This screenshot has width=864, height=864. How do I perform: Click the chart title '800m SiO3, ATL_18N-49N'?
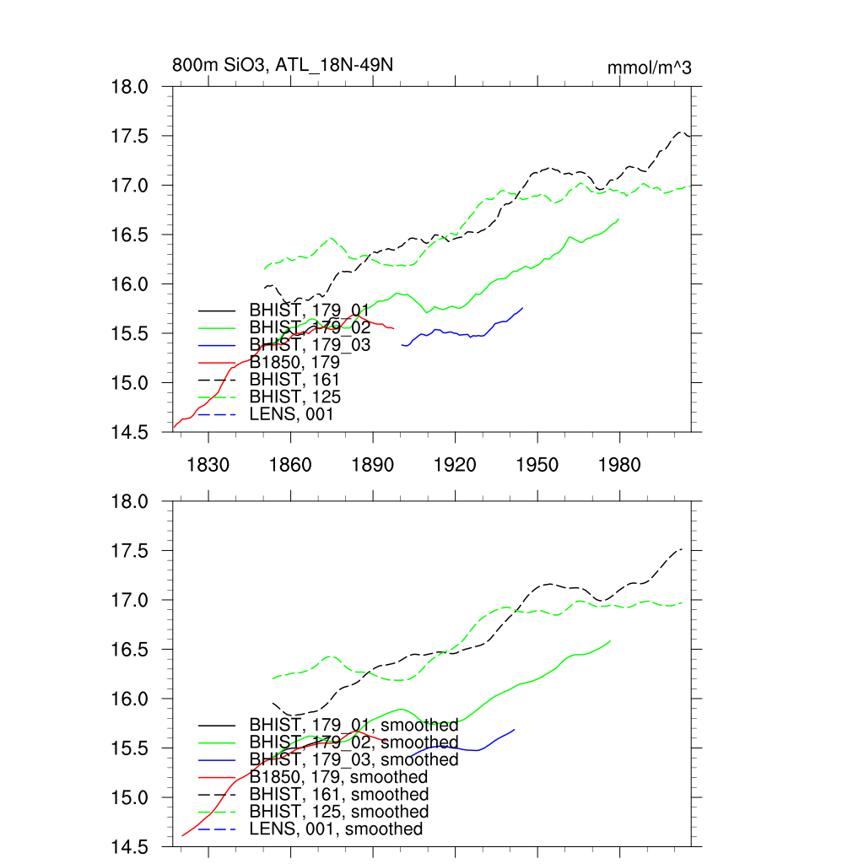tap(283, 65)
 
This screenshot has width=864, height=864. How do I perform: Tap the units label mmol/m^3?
tap(650, 67)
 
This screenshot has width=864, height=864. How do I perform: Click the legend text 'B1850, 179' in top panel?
tap(293, 362)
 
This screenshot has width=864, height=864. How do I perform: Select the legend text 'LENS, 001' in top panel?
tap(291, 414)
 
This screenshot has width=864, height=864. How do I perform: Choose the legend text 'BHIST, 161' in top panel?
tap(294, 380)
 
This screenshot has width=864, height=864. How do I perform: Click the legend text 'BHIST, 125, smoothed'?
tap(339, 812)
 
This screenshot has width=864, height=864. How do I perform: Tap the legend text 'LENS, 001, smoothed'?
tap(336, 829)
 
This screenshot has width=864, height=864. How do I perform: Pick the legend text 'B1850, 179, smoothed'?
tap(338, 776)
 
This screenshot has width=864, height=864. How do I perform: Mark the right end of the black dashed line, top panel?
tap(690, 135)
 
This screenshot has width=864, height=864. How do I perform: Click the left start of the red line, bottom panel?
tap(182, 835)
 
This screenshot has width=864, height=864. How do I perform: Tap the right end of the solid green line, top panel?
tap(619, 219)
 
